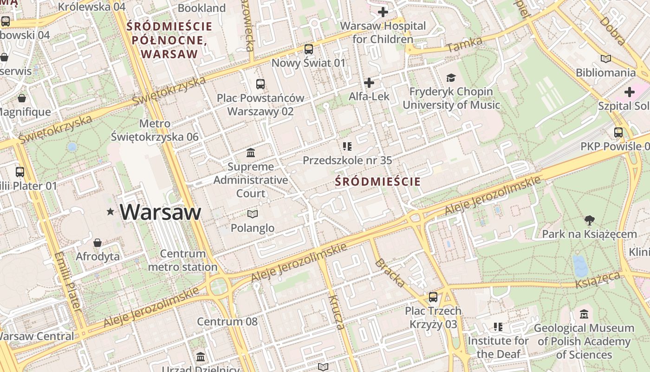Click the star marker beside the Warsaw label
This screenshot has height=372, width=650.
pos(110,212)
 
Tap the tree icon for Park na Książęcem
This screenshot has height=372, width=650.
pos(589,220)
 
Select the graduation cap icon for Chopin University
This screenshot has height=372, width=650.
pos(451,78)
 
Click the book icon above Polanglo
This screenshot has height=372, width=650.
pos(252,214)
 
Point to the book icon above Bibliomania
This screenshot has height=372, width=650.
pos(605,59)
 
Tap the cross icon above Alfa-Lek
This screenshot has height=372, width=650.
pos(369,83)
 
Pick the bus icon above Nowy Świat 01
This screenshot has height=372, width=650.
pos(309,49)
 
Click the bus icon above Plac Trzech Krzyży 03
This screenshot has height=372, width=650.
pos(433,297)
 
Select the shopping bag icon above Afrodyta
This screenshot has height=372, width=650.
pos(97,243)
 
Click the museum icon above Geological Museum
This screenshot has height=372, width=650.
pos(584,314)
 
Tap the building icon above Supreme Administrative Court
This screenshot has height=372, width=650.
pos(251,153)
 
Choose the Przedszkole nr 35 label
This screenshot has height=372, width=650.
pos(347,160)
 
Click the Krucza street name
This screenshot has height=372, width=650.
pos(337,312)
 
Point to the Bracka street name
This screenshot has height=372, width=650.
pos(389,272)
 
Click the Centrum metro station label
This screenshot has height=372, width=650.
pos(182,260)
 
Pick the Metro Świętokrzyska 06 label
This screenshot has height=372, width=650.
pos(155,130)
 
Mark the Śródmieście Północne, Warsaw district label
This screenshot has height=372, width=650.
pos(169,40)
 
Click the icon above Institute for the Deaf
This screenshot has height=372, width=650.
pos(498,327)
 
